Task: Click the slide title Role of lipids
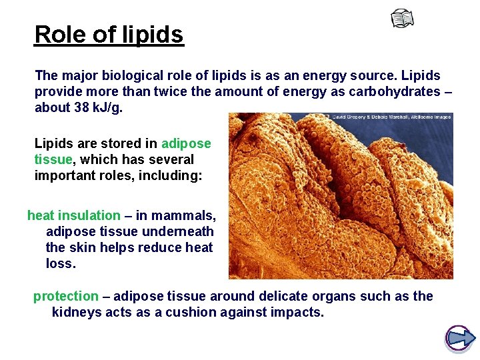(x=109, y=34)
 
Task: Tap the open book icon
(x=402, y=19)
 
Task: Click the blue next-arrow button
(x=459, y=338)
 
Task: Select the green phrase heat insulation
(x=73, y=215)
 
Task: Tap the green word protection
(x=65, y=296)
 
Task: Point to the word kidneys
(x=77, y=312)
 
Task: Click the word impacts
(x=297, y=312)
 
